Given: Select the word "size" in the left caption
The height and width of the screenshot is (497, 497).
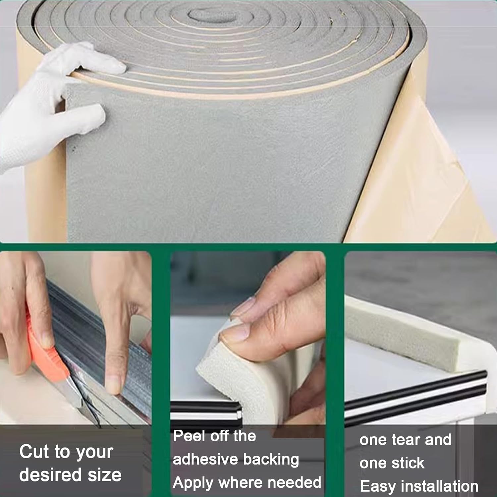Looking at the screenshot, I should (x=105, y=475).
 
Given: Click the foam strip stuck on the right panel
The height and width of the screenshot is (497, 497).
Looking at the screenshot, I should (x=398, y=328).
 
